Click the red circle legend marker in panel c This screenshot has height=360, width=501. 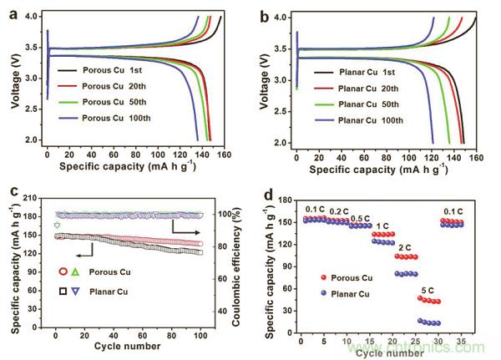63,271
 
